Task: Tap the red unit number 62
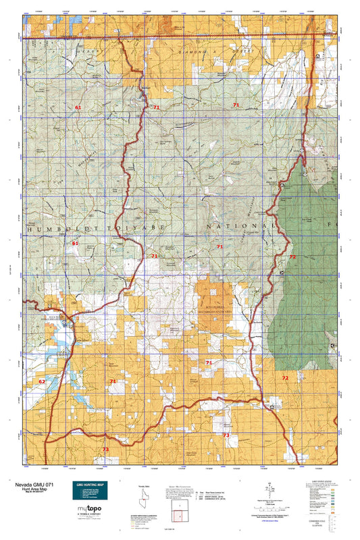coord(42,381)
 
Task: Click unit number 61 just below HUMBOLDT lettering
coord(76,243)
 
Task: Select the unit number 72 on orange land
coord(285,378)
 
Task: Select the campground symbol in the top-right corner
coord(318,55)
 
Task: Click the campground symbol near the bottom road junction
coord(272,408)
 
